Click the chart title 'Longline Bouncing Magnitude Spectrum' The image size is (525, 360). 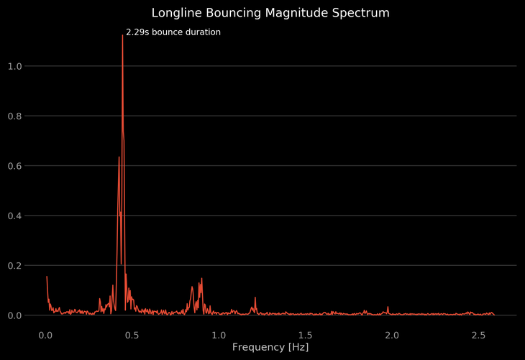tap(270, 13)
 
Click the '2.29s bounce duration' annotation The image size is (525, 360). tap(173, 32)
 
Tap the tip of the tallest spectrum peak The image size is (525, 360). tap(122, 35)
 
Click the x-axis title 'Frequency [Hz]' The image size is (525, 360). tap(270, 348)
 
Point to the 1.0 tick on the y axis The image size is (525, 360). tap(14, 66)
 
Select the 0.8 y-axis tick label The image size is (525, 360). tap(14, 116)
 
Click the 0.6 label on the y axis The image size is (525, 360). tap(14, 166)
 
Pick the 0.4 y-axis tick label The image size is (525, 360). tap(14, 216)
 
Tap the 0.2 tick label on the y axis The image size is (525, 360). tap(14, 266)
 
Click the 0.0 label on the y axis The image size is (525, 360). tap(14, 315)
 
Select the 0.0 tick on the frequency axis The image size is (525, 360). tap(46, 335)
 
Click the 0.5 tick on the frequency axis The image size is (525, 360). tap(132, 335)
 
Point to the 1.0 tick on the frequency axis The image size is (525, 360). tap(219, 335)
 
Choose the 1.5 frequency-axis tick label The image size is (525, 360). tap(306, 335)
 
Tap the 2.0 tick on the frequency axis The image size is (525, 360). tap(393, 335)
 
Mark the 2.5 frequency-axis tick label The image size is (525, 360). tap(479, 335)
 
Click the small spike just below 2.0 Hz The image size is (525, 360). tap(388, 307)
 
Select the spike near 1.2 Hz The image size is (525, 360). tap(255, 297)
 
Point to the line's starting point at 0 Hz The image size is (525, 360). tap(47, 277)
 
